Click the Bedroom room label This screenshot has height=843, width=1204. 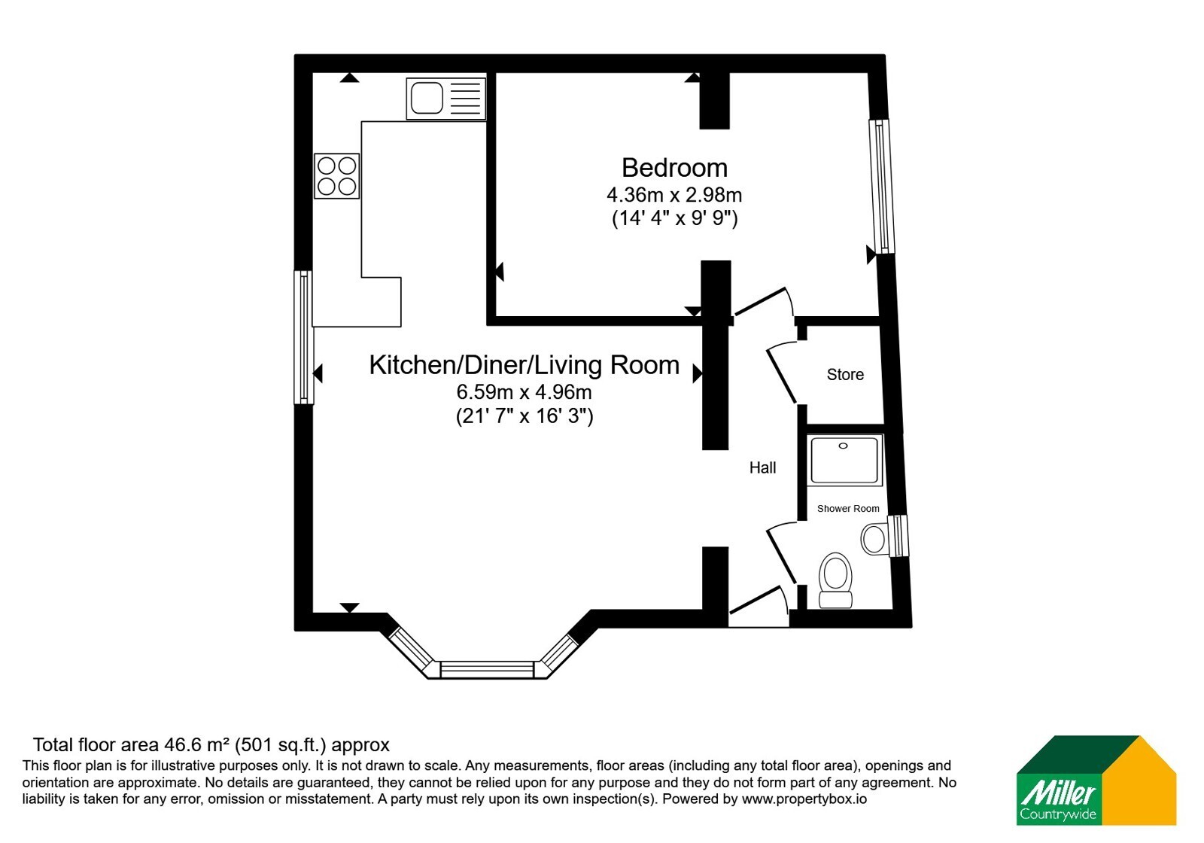674,168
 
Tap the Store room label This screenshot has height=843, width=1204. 845,374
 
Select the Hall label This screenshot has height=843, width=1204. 763,467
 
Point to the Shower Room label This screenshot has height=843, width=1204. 848,509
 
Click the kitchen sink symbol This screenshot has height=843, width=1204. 446,99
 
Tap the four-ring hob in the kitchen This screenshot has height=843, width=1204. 337,176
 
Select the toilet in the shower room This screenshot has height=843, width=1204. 835,580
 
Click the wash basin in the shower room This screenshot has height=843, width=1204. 874,538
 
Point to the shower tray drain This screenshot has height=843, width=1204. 843,446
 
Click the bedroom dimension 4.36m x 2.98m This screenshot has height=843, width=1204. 674,195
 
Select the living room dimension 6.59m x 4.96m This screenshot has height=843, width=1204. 524,392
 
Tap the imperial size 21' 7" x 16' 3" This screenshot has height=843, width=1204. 524,416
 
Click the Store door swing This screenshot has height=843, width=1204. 782,373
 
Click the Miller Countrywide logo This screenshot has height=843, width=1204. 1096,780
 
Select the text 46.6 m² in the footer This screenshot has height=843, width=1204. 197,745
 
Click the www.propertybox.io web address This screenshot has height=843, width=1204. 804,799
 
